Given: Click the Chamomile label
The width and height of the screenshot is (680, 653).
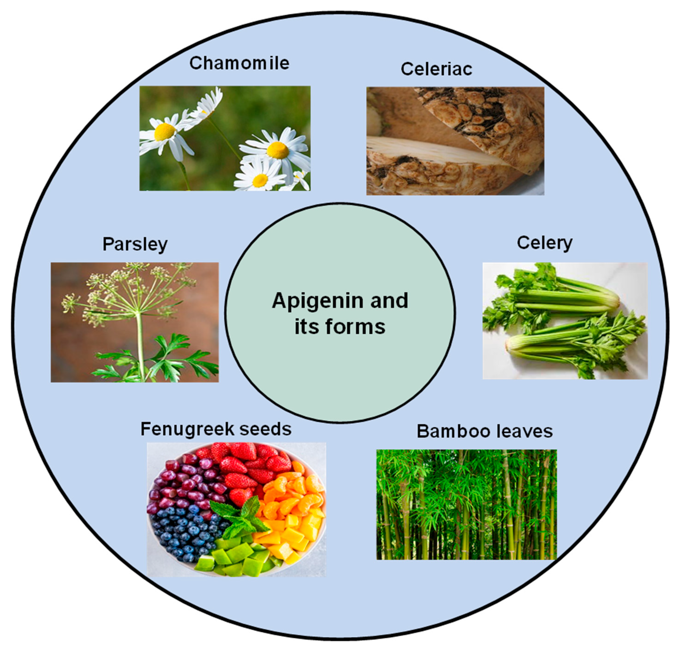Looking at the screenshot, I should point(239,63).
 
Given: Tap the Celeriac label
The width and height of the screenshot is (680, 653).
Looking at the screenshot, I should point(436,69).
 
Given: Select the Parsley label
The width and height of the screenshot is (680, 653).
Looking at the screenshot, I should point(135,244).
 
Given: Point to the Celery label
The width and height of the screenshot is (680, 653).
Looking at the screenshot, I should point(544,243).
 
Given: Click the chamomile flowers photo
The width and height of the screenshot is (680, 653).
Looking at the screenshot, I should point(225,138).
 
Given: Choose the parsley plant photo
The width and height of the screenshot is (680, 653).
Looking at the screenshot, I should point(135,322).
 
